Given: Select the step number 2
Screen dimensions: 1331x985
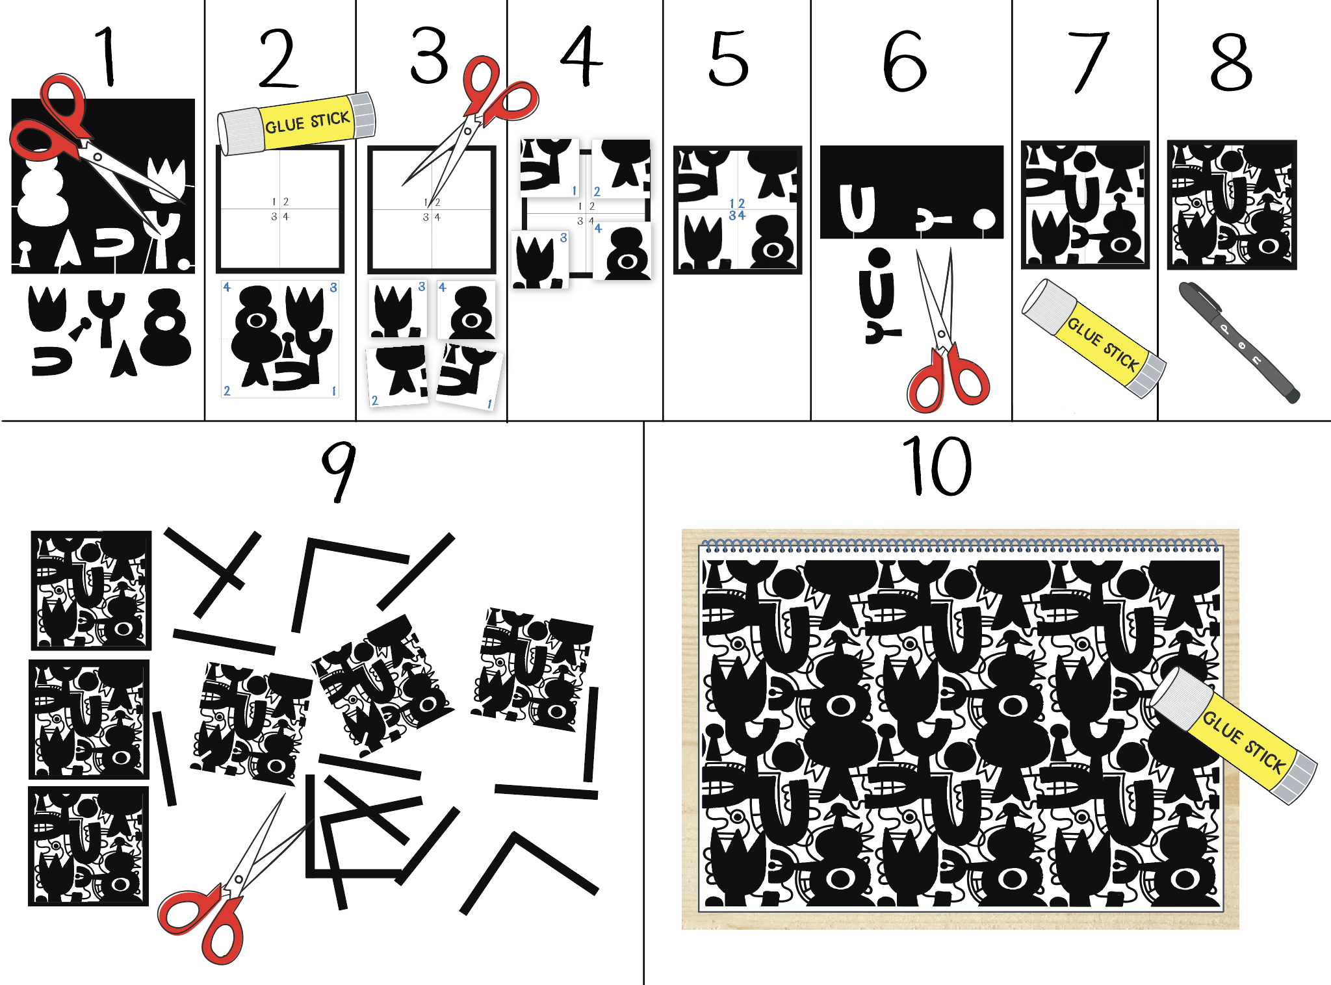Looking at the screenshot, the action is [279, 58].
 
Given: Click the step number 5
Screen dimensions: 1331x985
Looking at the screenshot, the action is [729, 58].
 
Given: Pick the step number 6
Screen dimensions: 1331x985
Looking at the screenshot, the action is [904, 60].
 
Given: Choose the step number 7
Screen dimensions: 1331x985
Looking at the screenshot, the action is [1089, 62].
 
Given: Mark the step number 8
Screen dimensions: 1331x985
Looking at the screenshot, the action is [1231, 62].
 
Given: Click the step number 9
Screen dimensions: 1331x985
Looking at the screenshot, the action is [339, 472].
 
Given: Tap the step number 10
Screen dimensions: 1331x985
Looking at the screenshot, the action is [937, 465].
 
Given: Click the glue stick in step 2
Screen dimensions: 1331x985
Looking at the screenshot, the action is [296, 123].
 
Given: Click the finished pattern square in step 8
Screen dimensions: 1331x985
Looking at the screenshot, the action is [1232, 205].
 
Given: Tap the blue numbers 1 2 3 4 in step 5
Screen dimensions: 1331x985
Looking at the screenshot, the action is [737, 209].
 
